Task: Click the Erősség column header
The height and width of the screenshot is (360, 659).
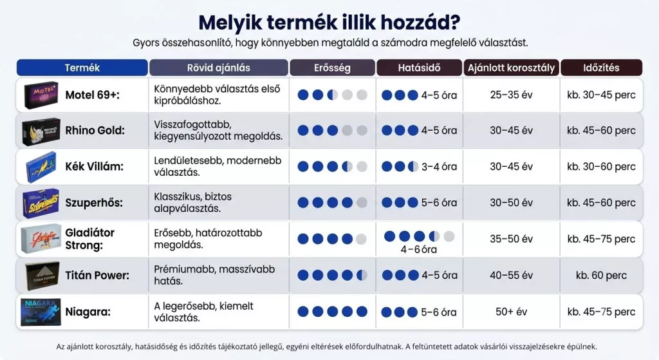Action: [332, 68]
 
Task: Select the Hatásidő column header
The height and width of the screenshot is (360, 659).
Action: [419, 68]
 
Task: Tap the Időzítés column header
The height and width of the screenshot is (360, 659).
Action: [601, 68]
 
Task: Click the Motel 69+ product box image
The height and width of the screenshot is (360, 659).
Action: [41, 95]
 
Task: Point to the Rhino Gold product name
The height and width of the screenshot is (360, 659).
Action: [95, 130]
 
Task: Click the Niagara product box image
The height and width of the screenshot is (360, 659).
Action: [41, 312]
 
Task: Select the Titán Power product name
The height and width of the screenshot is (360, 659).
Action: [97, 276]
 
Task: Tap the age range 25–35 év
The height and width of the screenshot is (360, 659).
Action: [511, 95]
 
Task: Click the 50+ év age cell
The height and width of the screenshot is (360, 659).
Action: [511, 312]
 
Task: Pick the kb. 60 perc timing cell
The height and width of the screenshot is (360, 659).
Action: [601, 276]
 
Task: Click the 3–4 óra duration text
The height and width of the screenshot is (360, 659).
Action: [439, 167]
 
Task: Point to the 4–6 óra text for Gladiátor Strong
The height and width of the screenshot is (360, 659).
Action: [418, 250]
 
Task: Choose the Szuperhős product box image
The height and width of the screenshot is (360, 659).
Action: [41, 203]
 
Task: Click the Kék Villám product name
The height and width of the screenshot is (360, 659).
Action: [94, 167]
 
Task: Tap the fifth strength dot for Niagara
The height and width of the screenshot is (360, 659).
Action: [362, 312]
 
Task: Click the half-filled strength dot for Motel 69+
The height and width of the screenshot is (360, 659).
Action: [333, 95]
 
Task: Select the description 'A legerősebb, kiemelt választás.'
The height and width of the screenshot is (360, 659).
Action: [203, 312]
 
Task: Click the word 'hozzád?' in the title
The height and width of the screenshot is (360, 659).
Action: [420, 23]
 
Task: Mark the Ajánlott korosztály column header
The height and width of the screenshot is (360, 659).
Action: [511, 68]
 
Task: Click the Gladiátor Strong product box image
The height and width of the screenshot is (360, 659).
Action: [41, 239]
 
